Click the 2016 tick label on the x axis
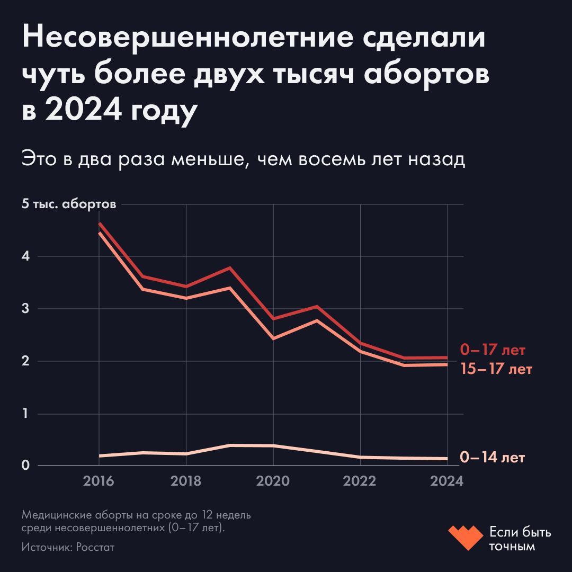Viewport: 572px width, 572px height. [99, 481]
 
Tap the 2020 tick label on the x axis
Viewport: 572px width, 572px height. [273, 481]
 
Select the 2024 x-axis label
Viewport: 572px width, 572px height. [448, 481]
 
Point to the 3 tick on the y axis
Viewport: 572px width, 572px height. [25, 309]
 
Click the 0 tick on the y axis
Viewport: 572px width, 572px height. [25, 466]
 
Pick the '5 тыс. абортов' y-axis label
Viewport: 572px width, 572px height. [68, 204]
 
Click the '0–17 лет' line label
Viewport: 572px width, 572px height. [493, 350]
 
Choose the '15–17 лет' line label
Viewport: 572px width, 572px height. [496, 369]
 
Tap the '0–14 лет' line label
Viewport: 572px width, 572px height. [493, 457]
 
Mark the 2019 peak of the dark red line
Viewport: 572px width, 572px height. [229, 268]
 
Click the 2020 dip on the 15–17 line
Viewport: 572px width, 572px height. [273, 338]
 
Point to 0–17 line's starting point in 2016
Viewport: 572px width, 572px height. [100, 224]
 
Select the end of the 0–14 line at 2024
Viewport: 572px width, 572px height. [446, 459]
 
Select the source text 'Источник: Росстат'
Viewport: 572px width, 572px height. [68, 547]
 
